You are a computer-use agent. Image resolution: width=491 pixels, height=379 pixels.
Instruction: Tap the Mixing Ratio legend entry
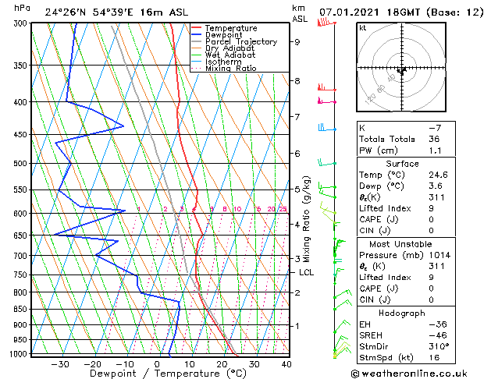pyautogui.click(x=229, y=69)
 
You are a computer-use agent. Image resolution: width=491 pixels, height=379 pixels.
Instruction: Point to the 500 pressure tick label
pyautogui.click(x=20, y=164)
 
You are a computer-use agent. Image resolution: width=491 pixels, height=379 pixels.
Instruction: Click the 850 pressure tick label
pyautogui.click(x=20, y=310)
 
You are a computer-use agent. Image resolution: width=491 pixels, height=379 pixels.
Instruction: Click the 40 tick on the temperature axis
pyautogui.click(x=286, y=364)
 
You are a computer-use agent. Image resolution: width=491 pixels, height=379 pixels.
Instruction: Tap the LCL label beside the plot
pyautogui.click(x=306, y=272)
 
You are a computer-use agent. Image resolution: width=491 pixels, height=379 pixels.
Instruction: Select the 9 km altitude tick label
pyautogui.click(x=297, y=42)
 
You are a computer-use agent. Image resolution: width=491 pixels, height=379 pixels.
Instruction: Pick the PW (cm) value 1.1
pyautogui.click(x=433, y=151)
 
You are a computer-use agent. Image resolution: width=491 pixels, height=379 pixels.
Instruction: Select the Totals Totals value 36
pyautogui.click(x=433, y=139)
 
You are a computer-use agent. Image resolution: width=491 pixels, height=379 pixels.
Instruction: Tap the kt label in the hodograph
pyautogui.click(x=362, y=28)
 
